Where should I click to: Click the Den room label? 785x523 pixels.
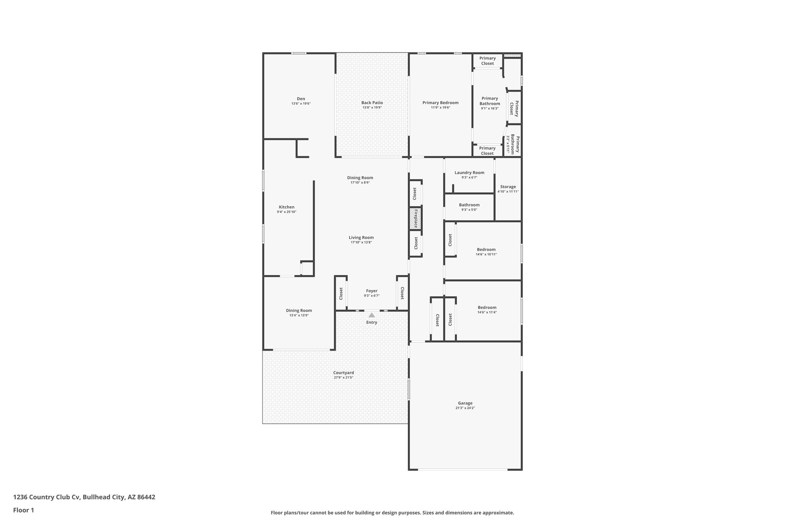(x=301, y=99)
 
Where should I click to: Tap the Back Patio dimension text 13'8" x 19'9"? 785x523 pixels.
(x=372, y=108)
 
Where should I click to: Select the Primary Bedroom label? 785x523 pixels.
(x=440, y=103)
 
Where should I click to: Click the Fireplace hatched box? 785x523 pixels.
(x=415, y=218)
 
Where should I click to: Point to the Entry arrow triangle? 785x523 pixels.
(x=371, y=315)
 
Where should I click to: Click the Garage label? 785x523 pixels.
(x=465, y=403)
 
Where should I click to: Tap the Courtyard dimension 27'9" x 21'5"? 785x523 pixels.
(x=343, y=378)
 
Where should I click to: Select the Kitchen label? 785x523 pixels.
(x=286, y=207)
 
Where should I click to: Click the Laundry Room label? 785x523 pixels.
(x=469, y=173)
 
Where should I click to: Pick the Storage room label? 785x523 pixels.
(x=508, y=187)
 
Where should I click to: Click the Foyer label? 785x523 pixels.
(x=371, y=291)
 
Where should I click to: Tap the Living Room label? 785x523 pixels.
(x=361, y=238)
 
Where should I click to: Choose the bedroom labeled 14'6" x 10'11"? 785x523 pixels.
(x=486, y=250)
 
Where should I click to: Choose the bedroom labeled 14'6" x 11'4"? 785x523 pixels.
(x=487, y=308)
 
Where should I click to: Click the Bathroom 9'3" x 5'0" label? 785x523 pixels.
(x=469, y=205)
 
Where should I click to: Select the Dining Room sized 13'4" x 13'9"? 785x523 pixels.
(x=299, y=311)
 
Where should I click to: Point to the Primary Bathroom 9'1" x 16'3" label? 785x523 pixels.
(x=489, y=101)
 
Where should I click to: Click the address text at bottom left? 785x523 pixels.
(x=84, y=497)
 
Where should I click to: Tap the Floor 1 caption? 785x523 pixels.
(x=23, y=510)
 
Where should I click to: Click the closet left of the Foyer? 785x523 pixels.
(x=341, y=293)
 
